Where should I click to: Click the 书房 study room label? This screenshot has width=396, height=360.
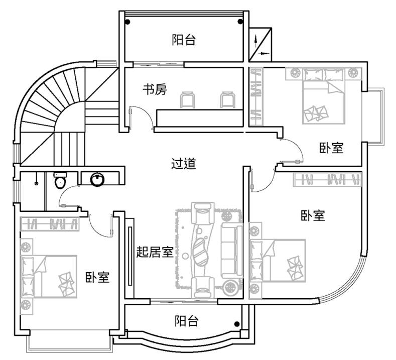point(154,90)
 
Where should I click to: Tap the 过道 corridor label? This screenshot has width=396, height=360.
point(183,164)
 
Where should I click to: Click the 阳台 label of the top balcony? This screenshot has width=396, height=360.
point(183,40)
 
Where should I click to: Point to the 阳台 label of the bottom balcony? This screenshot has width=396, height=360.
point(186,321)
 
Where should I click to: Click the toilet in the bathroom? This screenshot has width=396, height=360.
point(60,181)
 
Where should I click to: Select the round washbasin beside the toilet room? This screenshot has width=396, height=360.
point(96,179)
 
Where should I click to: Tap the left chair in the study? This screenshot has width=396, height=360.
point(188,99)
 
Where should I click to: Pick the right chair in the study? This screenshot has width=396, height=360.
point(226,99)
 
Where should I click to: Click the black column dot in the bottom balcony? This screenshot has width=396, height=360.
point(237,324)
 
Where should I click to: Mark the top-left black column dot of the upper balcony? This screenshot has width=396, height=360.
point(128,22)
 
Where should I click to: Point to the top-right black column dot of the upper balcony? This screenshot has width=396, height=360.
point(239,22)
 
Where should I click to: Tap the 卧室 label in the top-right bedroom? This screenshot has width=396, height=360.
point(331,148)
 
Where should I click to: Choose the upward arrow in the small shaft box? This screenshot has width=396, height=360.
point(257,38)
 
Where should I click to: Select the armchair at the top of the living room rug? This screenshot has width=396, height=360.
point(203,213)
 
